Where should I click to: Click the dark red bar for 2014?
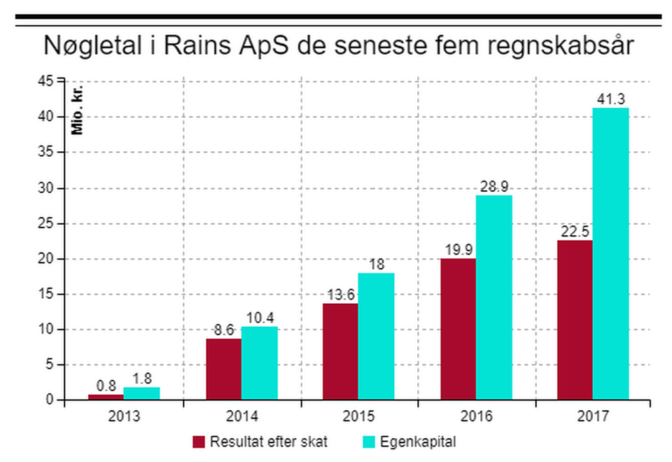click(223, 370)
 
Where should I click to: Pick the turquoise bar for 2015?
click(376, 336)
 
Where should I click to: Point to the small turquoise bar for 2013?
click(141, 393)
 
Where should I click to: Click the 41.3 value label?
click(610, 99)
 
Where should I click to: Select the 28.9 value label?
click(493, 187)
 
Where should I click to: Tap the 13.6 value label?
click(341, 295)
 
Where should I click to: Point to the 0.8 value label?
click(106, 385)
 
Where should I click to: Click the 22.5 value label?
click(575, 232)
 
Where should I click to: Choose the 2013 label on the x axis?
click(124, 416)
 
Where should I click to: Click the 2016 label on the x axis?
click(476, 416)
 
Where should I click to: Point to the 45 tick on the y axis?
click(45, 81)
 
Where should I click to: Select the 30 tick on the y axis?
click(45, 188)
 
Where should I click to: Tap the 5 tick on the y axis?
click(49, 364)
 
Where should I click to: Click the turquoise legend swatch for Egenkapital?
click(367, 442)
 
